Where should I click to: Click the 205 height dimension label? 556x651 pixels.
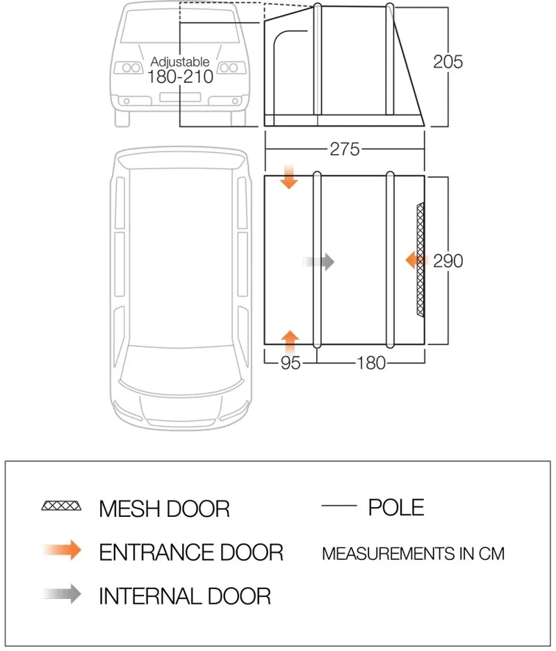448,62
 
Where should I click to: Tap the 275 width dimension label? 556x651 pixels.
345,149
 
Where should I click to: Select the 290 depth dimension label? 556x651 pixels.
448,261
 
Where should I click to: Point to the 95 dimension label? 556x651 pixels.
291,363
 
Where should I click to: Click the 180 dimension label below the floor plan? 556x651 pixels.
370,363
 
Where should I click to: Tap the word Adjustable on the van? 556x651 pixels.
179,63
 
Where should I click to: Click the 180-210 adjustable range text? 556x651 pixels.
179,76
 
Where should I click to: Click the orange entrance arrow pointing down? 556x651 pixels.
289,178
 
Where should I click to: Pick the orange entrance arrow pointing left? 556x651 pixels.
415,261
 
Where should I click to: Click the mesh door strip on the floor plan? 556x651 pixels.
420,261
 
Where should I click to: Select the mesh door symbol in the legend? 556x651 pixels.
61,506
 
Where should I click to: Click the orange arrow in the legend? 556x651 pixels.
63,551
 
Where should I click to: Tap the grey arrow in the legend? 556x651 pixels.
63,595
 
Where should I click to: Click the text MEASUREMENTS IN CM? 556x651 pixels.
413,554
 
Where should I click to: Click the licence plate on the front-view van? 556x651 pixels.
179,97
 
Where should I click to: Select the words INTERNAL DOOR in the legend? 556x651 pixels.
185,595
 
